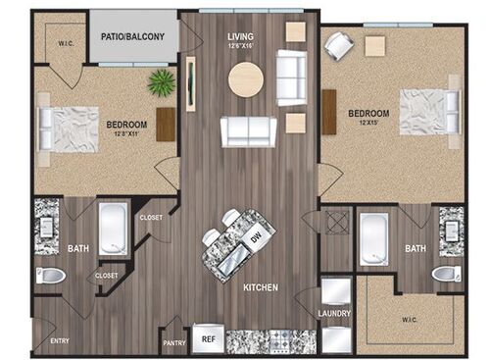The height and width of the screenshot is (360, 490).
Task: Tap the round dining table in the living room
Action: [x=245, y=79]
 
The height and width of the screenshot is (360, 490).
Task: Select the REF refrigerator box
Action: [x=206, y=337]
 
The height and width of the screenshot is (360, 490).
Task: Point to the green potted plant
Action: [x=161, y=82]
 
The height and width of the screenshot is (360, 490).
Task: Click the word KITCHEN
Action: [x=261, y=288]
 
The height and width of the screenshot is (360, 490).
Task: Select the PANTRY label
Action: [x=175, y=343]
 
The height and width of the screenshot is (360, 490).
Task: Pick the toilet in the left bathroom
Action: [x=50, y=276]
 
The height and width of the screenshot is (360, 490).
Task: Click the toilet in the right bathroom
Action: [x=446, y=274]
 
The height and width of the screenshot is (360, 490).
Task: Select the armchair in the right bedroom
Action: [x=339, y=44]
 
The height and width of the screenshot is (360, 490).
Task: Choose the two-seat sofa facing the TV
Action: [x=247, y=130]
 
